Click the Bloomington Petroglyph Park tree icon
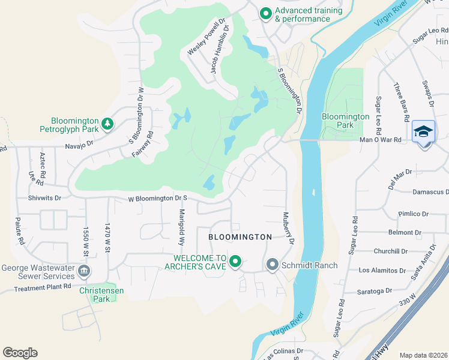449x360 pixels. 107,124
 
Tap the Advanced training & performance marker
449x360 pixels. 265,13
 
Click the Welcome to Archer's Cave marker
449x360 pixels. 235,262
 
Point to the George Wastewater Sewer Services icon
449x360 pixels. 85,272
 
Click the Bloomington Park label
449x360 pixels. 345,121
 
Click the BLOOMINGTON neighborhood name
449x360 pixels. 240,237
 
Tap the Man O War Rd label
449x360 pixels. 396,140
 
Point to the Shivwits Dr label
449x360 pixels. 44,197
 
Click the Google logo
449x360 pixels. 20,353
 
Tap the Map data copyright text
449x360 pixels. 423,355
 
